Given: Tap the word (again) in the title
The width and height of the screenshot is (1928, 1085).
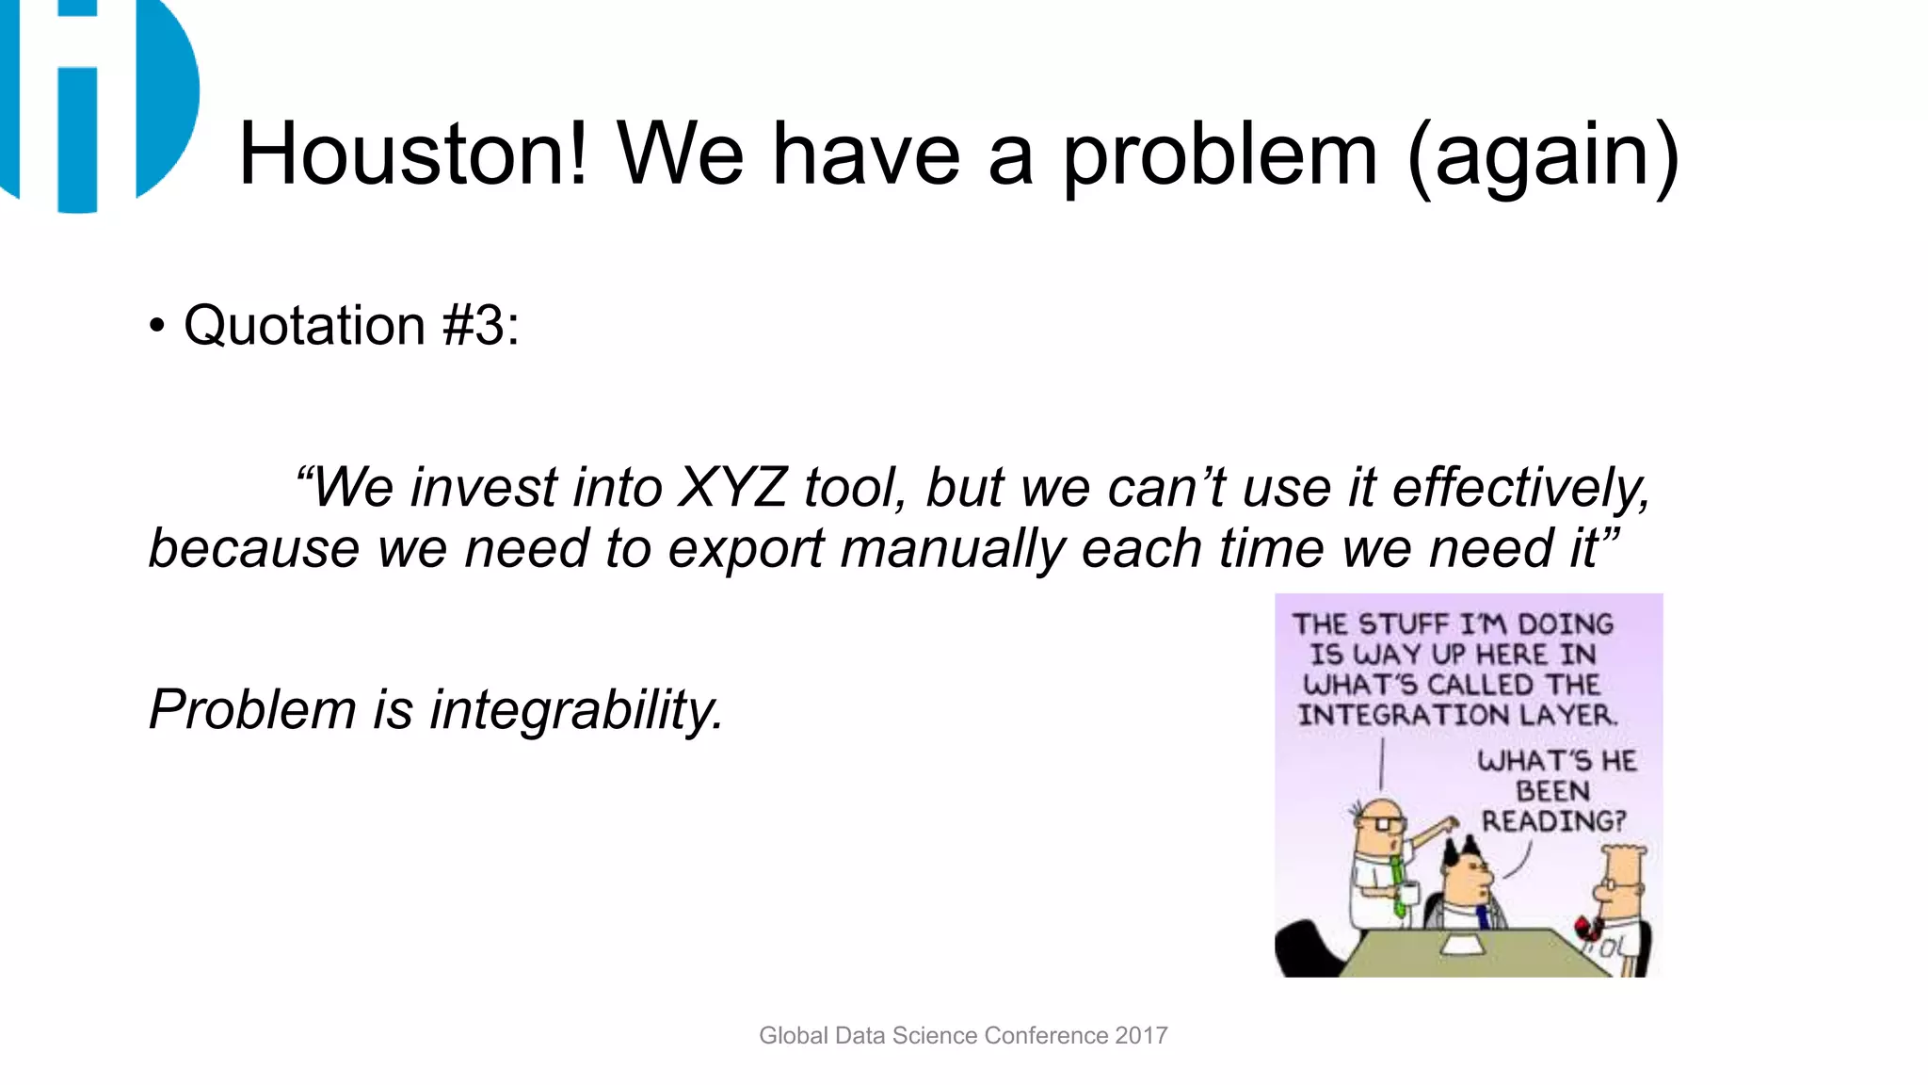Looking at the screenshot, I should coord(1543,156).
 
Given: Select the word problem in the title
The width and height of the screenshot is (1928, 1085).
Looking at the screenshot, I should coord(1219,156).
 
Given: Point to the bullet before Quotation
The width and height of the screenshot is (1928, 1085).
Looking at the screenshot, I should coord(156,327).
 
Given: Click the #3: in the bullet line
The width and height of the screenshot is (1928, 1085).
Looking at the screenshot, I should coord(480,326).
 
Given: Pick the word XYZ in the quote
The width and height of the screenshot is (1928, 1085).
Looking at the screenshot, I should coord(731,488).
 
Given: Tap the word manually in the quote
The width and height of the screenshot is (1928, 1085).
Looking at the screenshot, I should coord(953,549).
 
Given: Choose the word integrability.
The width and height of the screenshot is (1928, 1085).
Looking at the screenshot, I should coord(576,709).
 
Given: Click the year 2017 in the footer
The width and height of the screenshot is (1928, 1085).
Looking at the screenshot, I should coord(1141,1036).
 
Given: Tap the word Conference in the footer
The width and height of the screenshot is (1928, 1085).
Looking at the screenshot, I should coord(1047,1036).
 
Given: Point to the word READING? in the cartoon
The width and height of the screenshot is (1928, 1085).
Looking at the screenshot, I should coord(1553,821).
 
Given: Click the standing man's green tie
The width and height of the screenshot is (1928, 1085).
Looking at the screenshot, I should coord(1398,885).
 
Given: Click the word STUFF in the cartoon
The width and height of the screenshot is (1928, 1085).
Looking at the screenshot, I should coord(1404,624).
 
